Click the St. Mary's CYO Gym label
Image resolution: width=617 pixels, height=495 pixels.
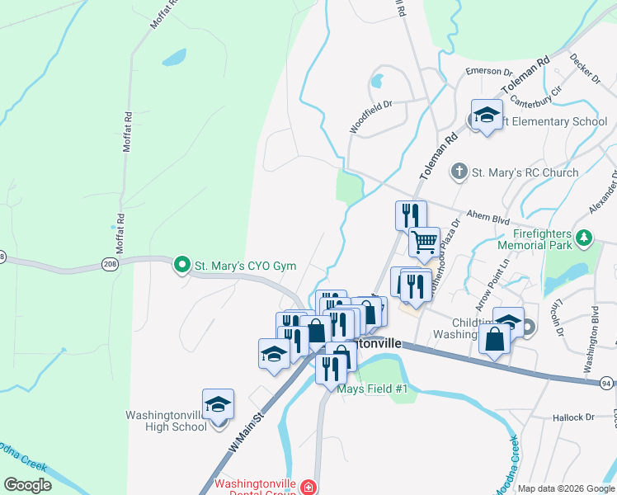(245, 266)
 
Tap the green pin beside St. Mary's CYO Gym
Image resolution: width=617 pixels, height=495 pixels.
(182, 266)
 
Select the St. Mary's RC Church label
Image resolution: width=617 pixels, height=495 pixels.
(525, 172)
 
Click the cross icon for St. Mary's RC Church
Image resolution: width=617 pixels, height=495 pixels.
(459, 172)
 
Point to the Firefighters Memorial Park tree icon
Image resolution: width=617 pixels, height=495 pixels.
(585, 238)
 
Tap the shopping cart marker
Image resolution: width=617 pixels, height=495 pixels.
(424, 243)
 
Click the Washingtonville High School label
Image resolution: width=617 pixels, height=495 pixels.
(166, 421)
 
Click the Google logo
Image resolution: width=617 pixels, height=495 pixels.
(28, 485)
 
